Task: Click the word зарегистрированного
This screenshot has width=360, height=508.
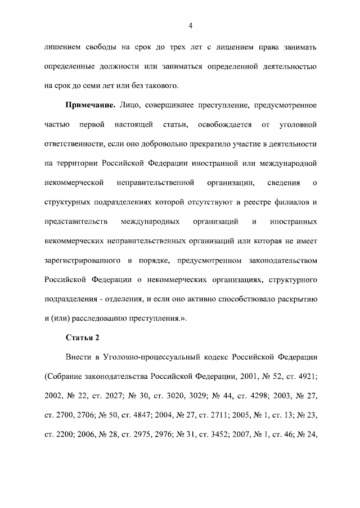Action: pyautogui.click(x=83, y=260)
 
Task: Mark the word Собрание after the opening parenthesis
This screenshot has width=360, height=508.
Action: pyautogui.click(x=66, y=377)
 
